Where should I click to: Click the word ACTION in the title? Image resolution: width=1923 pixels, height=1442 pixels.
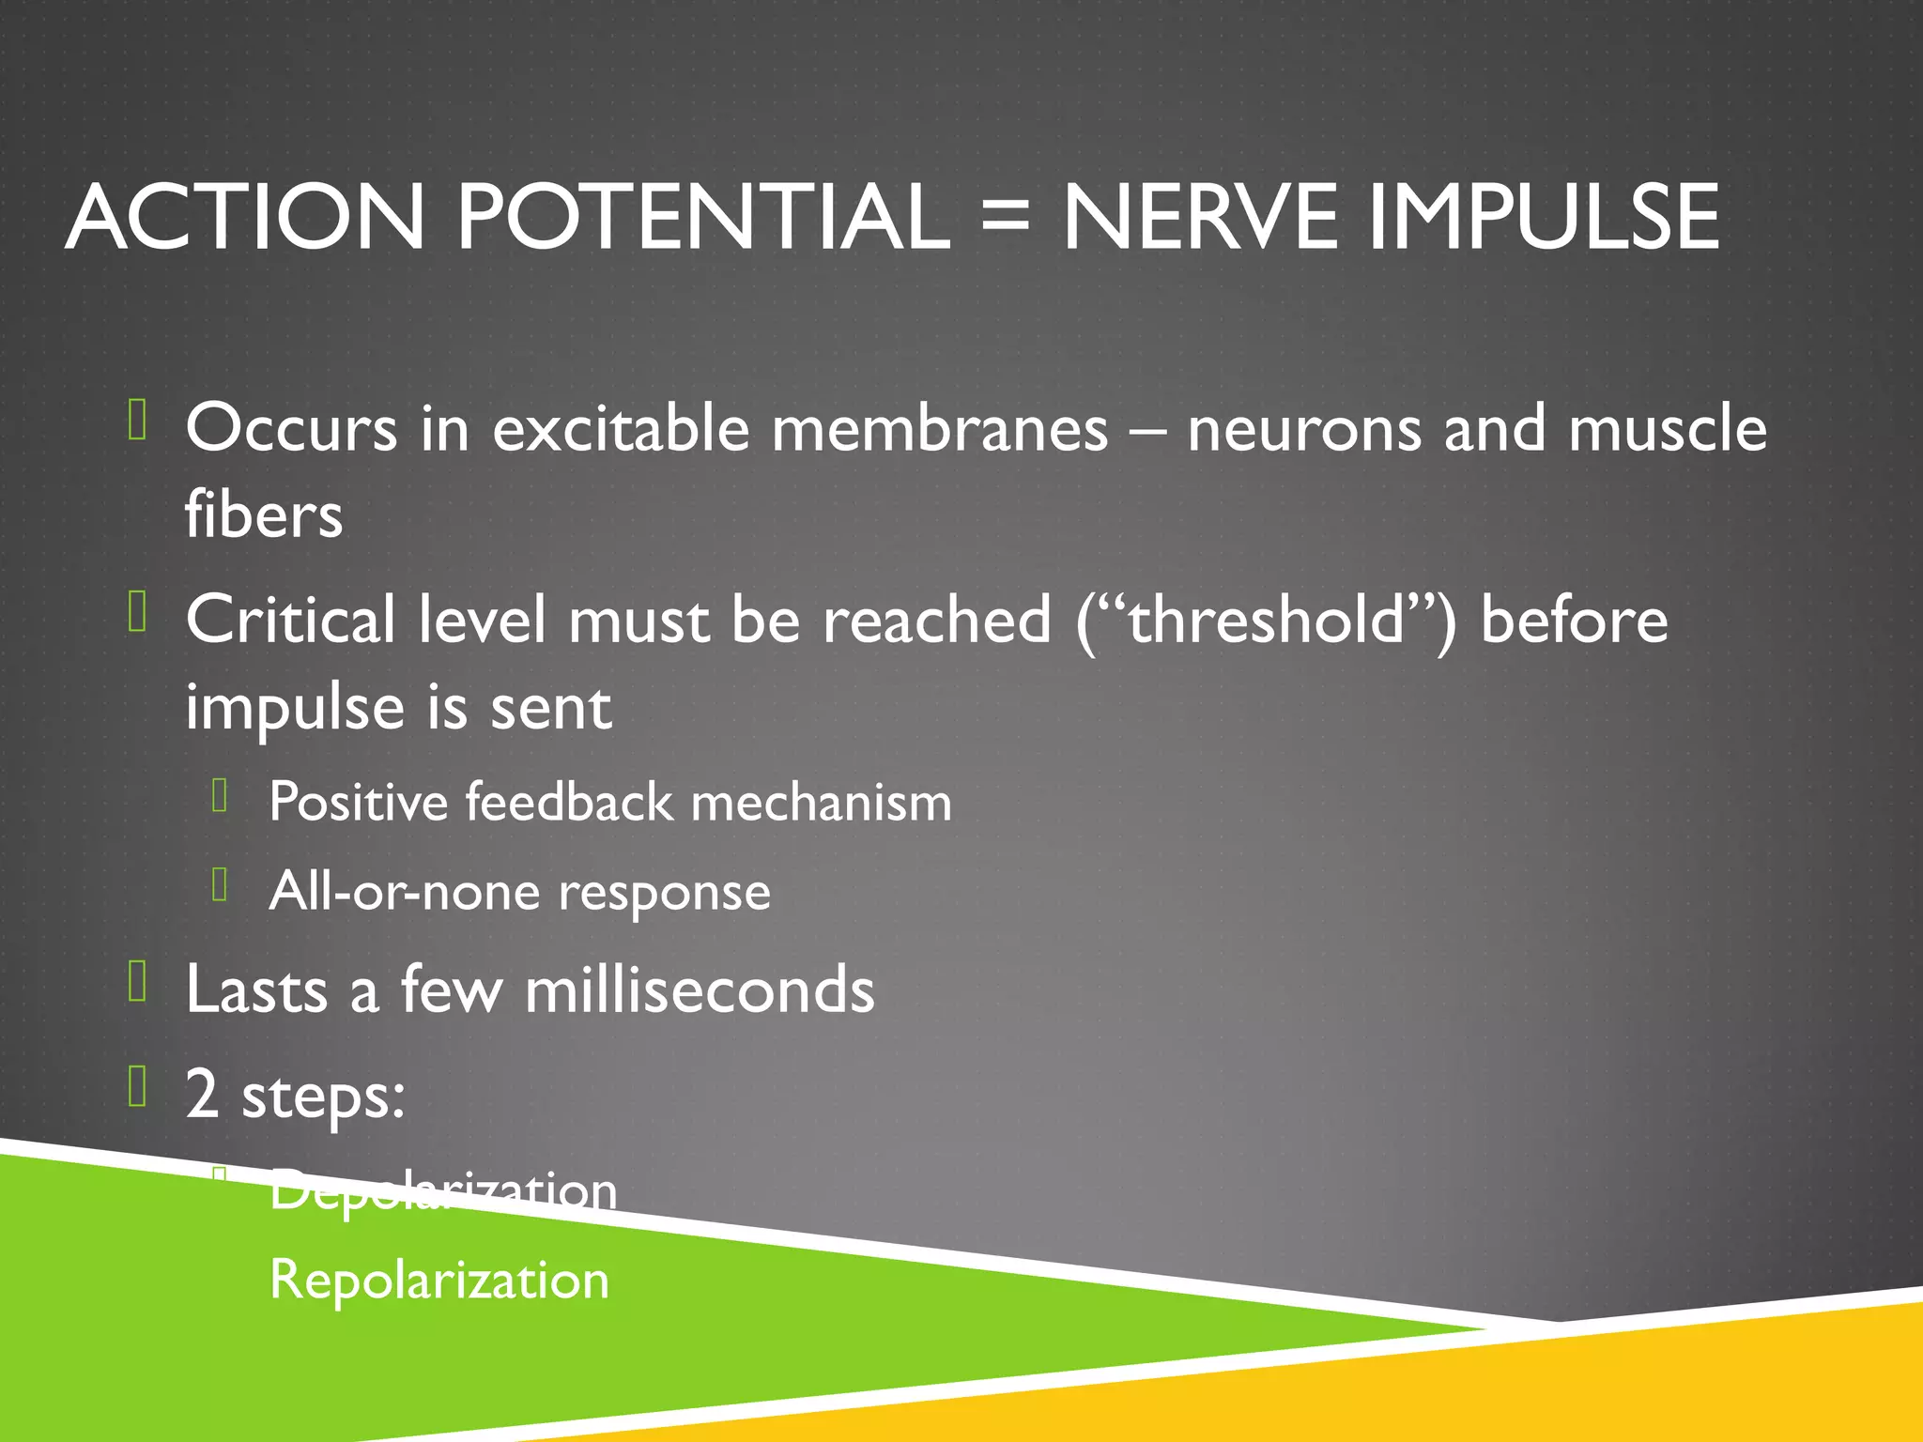pos(246,217)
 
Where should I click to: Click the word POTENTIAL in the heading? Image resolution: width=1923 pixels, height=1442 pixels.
pos(703,217)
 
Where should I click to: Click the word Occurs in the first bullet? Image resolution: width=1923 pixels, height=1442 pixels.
pos(291,429)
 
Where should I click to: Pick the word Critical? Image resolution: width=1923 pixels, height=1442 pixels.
pos(290,621)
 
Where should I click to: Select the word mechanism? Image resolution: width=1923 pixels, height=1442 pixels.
pos(821,803)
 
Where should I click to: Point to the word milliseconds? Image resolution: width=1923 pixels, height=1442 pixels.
pos(700,990)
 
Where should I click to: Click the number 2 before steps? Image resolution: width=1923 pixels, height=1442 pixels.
pos(202,1094)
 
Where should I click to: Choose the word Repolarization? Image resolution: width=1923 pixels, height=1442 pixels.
pos(439,1280)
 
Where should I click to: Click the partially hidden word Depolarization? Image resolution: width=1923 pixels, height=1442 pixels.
pos(443,1191)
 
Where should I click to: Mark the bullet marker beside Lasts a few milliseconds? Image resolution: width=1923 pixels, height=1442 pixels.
pos(138,982)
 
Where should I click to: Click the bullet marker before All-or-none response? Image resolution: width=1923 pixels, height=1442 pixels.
pos(221,884)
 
